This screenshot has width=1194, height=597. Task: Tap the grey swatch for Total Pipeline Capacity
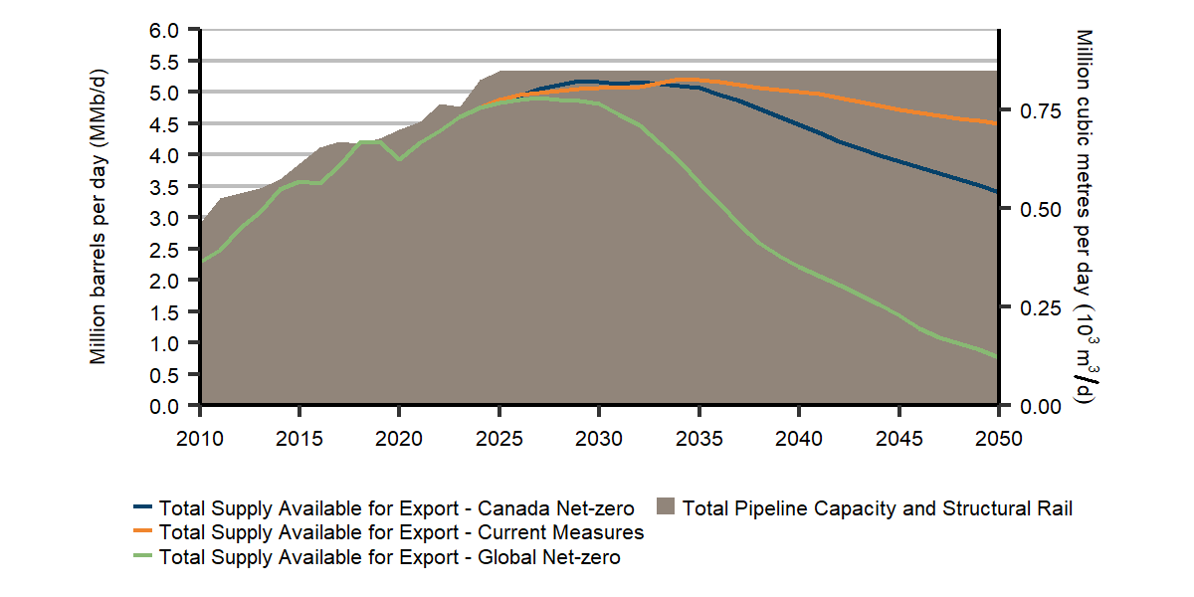665,508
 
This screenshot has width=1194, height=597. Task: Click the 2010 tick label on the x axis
201,437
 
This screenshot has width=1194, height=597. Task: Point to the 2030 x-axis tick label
599,437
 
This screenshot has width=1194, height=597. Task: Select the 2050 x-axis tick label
997,437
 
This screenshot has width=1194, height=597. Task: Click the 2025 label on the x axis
499,437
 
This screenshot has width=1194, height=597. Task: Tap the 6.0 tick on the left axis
166,30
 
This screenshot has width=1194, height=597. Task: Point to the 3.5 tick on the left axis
166,187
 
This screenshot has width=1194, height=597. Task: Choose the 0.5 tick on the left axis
166,375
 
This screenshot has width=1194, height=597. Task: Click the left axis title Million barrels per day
99,218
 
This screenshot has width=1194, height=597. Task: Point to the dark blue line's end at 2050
997,191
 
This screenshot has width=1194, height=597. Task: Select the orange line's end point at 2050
997,123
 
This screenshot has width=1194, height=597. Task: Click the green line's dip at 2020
399,159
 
